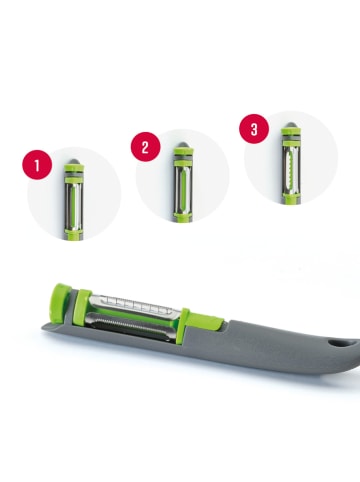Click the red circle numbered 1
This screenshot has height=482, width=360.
coord(37,162)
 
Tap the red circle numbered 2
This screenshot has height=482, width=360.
coord(145,147)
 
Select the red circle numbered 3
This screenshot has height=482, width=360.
coord(254,127)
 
